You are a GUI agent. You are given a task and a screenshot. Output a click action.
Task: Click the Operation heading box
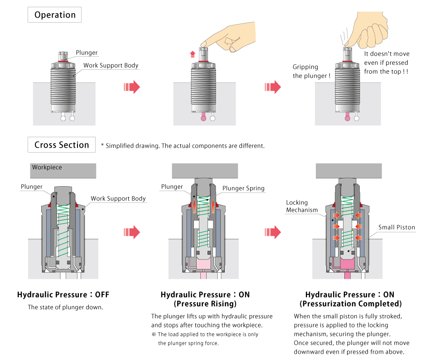[55, 15]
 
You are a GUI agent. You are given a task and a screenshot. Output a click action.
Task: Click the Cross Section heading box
[62, 145]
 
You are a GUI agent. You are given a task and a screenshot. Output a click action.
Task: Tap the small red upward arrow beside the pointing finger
[192, 54]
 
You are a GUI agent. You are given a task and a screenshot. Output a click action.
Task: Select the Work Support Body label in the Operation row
[111, 65]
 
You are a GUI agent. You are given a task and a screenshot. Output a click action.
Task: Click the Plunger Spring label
[243, 188]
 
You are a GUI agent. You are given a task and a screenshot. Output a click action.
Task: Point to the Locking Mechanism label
[302, 206]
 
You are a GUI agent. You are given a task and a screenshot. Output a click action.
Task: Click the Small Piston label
[396, 227]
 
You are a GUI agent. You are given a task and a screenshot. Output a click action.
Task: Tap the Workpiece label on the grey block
[47, 167]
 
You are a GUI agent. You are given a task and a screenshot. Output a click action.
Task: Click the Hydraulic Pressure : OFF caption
[63, 295]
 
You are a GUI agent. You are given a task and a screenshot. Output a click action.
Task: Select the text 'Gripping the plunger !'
[311, 71]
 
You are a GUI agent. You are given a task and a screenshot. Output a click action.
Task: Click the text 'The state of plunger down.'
[65, 307]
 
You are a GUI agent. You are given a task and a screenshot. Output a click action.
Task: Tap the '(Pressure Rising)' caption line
[205, 303]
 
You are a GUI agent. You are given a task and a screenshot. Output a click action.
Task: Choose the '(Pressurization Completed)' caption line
[350, 303]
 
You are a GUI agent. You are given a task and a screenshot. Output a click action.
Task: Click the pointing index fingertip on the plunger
[204, 46]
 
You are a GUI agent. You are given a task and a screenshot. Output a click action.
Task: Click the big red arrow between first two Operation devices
[131, 87]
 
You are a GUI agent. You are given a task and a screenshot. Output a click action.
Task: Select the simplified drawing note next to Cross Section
[183, 146]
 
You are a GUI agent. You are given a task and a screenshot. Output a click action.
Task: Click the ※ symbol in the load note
[154, 334]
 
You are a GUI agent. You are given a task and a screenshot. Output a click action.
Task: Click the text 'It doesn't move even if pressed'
[387, 58]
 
